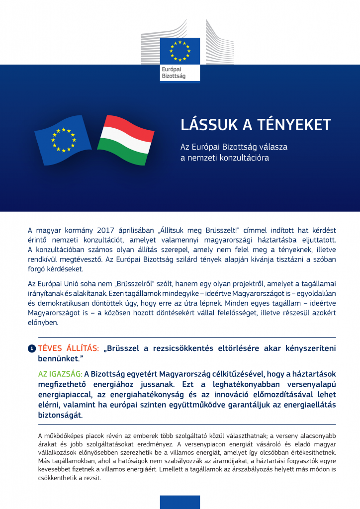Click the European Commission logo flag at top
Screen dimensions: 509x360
pos(180,50)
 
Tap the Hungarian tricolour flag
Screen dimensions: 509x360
pos(124,140)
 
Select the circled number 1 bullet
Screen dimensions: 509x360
pos(31,349)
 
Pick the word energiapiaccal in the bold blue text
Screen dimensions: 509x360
pos(68,395)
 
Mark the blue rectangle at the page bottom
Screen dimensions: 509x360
pos(180,502)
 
